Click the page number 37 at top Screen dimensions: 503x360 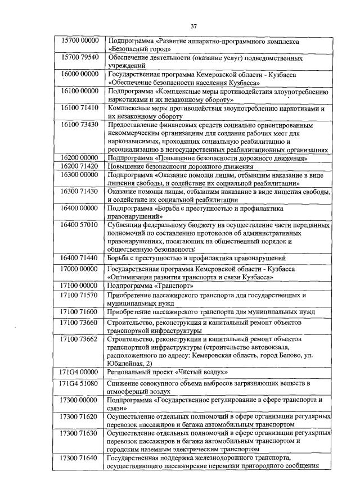(193, 26)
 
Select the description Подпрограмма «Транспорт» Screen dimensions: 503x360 (150, 285)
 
